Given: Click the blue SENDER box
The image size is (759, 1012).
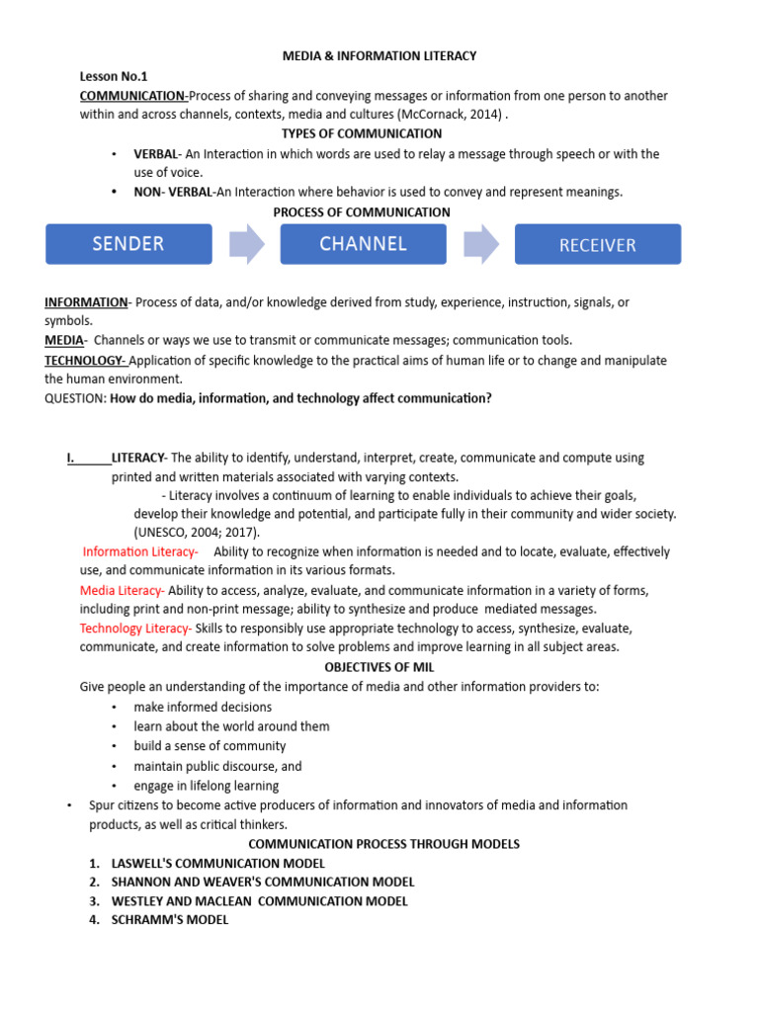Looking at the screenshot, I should [128, 244].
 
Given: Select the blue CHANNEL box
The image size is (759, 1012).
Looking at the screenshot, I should [363, 244].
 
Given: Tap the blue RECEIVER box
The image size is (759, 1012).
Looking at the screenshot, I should [598, 244].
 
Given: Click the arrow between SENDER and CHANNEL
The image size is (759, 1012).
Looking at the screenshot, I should [246, 244].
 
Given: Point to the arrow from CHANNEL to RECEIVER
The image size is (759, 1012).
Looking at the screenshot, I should [481, 244].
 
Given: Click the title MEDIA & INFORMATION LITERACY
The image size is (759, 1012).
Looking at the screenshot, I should [379, 56].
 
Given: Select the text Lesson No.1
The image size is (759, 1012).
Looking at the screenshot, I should [114, 76].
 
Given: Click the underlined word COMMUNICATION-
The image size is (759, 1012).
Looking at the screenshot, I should [133, 96].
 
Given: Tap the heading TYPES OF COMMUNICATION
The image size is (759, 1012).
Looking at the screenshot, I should [362, 133].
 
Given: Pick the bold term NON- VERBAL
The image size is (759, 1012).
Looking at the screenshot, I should [174, 193].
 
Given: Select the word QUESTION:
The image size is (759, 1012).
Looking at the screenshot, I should [75, 398].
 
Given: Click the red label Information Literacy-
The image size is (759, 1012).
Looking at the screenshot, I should [140, 551].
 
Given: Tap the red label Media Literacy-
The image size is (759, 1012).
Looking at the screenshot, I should [123, 590].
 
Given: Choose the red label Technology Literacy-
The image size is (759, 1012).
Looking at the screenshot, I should [135, 629].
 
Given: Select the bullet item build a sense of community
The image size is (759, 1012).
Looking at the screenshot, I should [210, 746].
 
